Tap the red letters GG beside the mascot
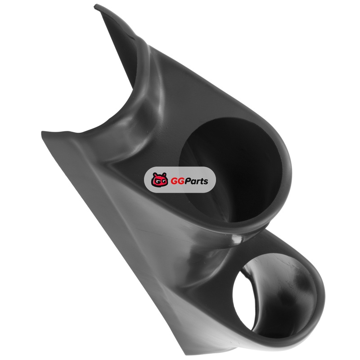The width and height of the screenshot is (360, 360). coord(175,181)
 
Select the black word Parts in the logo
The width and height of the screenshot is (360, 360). coord(195,181)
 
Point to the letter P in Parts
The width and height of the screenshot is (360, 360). coord(184,181)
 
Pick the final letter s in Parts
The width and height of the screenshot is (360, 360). coord(206,182)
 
